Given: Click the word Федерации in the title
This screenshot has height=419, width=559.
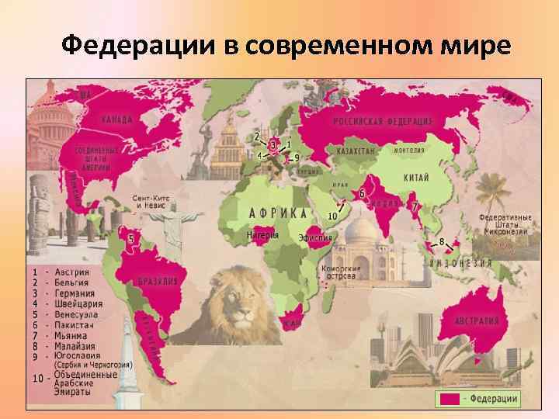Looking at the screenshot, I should (140, 47).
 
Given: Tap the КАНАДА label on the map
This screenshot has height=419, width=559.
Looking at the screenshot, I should (116, 119).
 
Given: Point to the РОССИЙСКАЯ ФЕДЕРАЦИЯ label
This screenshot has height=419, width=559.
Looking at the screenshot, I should (383, 122).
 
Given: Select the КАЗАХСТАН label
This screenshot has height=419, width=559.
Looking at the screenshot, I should (356, 151).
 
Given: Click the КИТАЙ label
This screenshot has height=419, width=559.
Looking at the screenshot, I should (415, 178).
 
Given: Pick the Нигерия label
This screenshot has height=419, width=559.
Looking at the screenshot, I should (262, 234).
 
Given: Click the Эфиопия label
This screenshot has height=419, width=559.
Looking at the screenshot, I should (315, 237).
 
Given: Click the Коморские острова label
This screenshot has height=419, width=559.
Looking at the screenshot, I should (340, 272).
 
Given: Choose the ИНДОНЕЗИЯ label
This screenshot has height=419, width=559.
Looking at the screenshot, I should (462, 263).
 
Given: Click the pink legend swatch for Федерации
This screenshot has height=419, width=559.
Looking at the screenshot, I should (450, 399).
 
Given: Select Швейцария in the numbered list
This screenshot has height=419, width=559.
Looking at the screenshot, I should (75, 304).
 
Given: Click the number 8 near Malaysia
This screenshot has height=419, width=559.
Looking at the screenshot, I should (442, 242).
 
